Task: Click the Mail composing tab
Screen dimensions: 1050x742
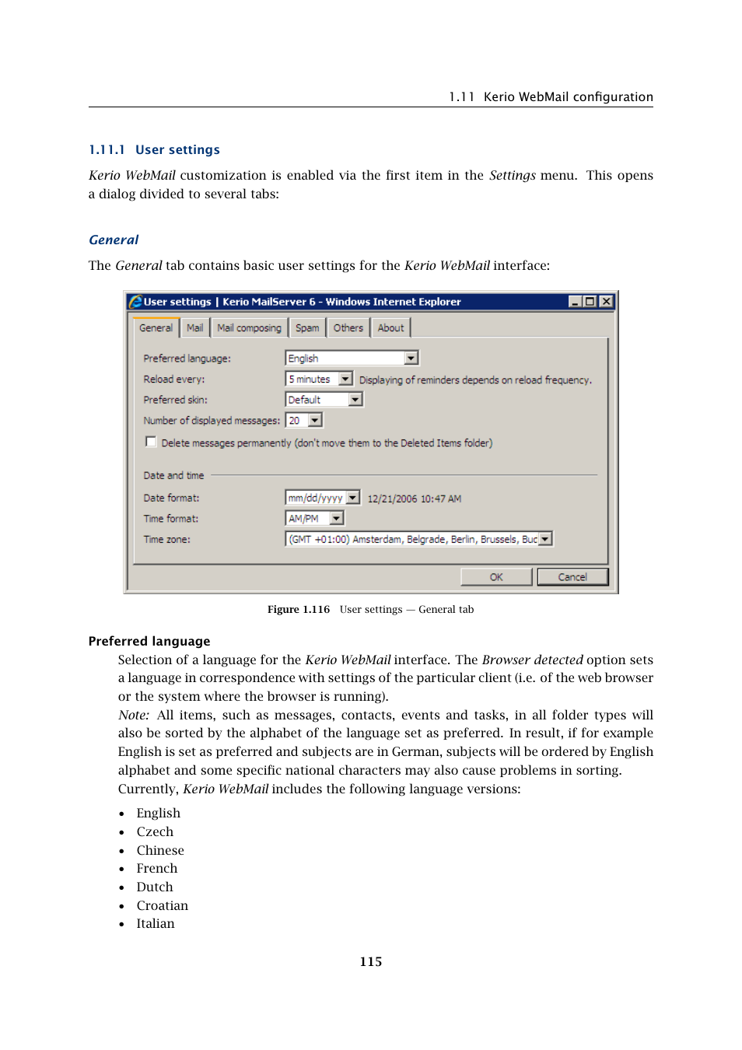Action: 249,328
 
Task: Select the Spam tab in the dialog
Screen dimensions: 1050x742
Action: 307,328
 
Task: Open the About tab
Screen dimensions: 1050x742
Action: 390,328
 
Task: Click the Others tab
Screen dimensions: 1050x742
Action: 348,328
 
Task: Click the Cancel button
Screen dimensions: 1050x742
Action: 572,577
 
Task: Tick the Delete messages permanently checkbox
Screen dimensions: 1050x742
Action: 151,442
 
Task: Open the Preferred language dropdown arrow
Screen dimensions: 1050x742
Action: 411,358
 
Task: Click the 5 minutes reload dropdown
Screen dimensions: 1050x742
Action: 319,379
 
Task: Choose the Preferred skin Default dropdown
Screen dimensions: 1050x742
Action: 324,400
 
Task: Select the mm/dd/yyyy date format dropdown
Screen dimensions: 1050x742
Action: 322,498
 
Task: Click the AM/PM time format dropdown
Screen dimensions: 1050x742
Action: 314,518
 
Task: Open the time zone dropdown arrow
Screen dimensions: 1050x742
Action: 545,539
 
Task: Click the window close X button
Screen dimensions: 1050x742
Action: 606,302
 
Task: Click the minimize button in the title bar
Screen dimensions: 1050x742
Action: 575,302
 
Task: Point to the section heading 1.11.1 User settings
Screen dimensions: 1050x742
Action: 154,150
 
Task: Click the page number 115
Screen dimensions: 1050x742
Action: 371,962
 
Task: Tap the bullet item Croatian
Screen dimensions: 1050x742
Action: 162,905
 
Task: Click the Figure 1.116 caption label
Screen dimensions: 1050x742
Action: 299,610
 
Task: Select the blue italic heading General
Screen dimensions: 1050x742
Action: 114,240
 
